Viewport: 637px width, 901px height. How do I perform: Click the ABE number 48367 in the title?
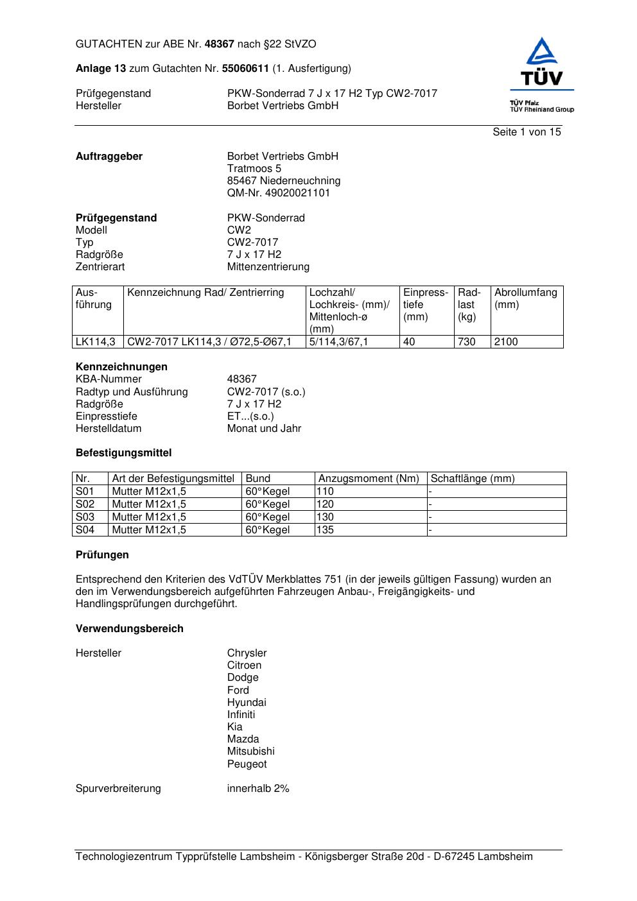[x=220, y=44]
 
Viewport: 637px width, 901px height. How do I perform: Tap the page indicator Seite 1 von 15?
[x=527, y=132]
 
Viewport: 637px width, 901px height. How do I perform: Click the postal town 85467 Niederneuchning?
[x=284, y=181]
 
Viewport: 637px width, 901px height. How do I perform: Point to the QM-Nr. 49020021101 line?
[x=279, y=193]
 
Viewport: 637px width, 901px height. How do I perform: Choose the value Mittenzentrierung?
[x=268, y=267]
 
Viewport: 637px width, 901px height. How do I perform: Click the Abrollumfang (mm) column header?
[x=525, y=298]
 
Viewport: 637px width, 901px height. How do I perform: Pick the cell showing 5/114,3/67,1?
[x=338, y=342]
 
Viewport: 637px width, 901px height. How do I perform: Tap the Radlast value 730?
[x=466, y=342]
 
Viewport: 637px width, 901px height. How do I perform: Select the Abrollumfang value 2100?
[x=506, y=342]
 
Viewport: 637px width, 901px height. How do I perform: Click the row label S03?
[x=85, y=517]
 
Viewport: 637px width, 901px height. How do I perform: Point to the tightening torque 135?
[x=326, y=530]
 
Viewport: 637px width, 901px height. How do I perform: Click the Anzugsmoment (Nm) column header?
[x=369, y=479]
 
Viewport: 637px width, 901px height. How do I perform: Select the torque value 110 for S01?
[x=326, y=492]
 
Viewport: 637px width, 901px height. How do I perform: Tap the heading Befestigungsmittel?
[x=124, y=453]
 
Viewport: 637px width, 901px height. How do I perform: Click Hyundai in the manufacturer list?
[x=247, y=703]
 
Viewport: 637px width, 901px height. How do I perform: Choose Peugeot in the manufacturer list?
[x=247, y=764]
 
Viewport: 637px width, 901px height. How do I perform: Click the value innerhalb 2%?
[x=258, y=789]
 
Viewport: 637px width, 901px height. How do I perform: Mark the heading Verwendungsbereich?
[x=130, y=629]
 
